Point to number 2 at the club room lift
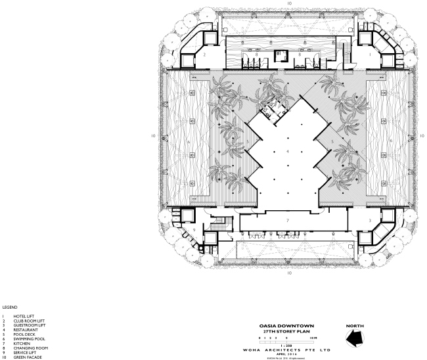pyautogui.click(x=204, y=55)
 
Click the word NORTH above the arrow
pyautogui.click(x=354, y=325)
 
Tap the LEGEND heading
pyautogui.click(x=9, y=307)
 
